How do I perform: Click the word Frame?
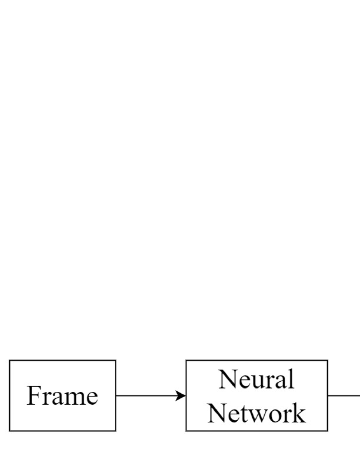point(62,396)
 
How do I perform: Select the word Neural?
point(256,379)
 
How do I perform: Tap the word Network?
point(256,413)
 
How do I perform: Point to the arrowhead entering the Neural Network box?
point(182,396)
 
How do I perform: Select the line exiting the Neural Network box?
point(344,396)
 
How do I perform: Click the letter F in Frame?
point(34,396)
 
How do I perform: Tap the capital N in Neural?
point(227,379)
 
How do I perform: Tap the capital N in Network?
point(216,413)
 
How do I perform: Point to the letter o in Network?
point(280,414)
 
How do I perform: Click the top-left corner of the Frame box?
point(10,361)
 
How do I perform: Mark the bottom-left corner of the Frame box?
point(10,431)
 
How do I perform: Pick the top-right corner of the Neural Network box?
point(327,361)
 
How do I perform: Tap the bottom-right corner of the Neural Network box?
point(327,431)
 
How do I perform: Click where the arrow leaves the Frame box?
point(116,396)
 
